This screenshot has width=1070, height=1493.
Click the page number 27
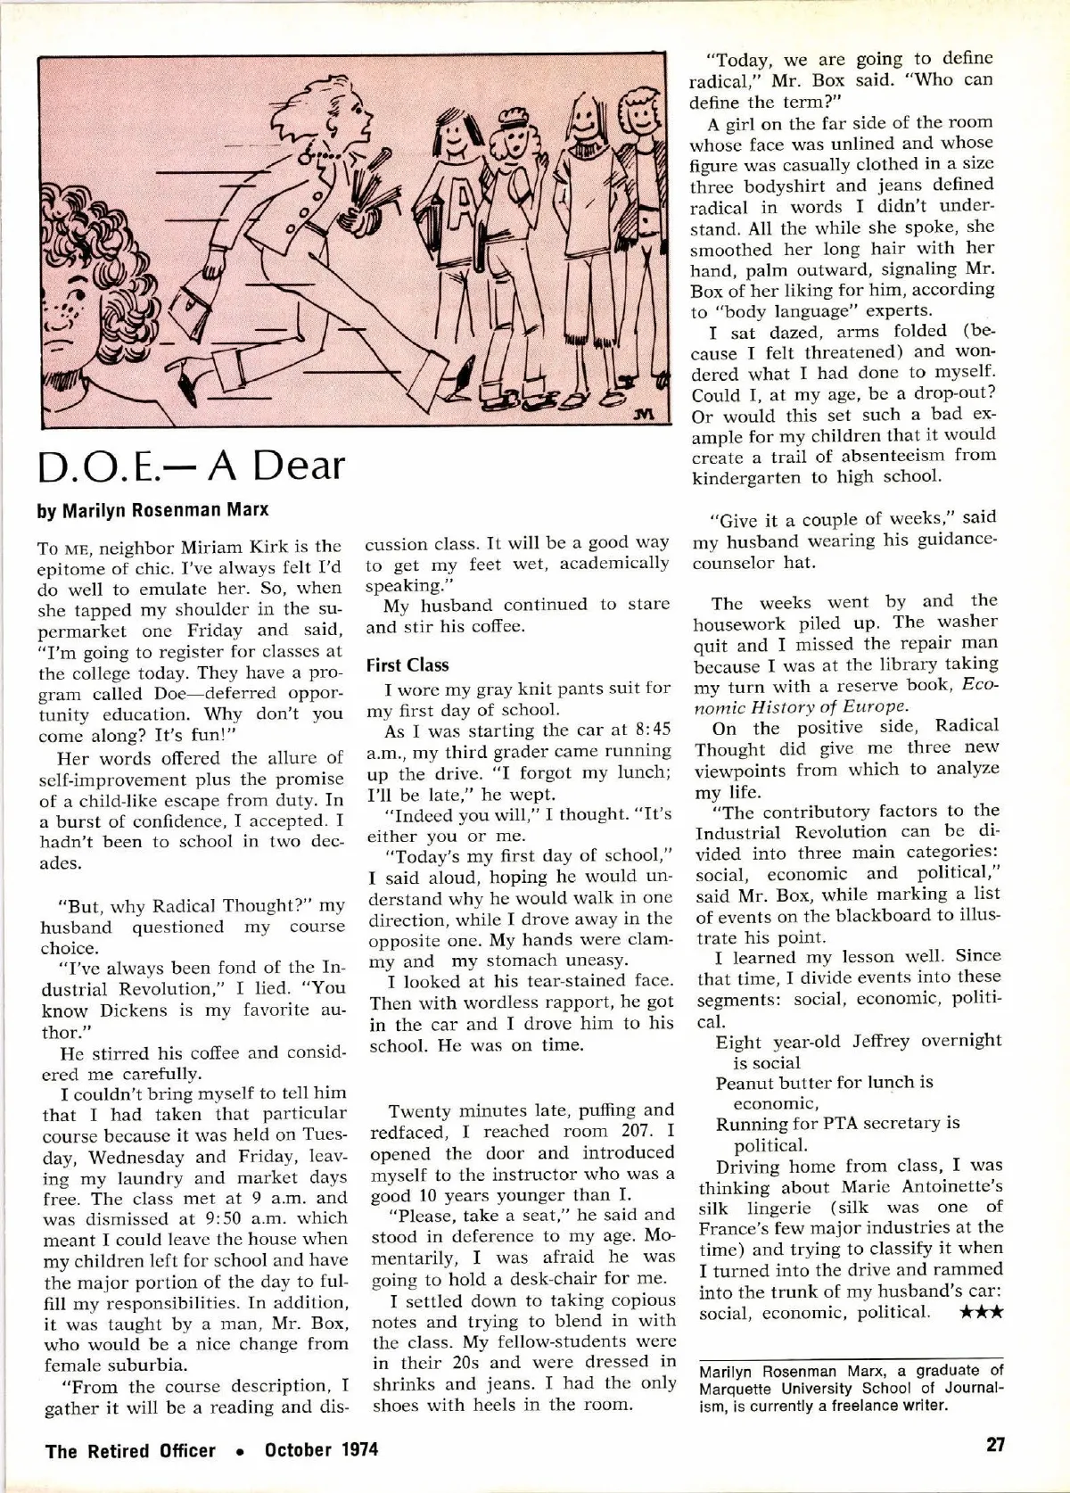pos(996,1445)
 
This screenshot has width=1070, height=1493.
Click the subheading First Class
pos(407,665)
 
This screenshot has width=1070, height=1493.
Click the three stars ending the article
pos(983,1312)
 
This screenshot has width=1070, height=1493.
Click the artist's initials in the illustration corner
pos(646,414)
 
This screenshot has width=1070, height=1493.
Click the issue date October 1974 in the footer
pos(322,1449)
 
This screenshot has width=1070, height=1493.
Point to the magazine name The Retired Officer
pos(130,1450)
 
